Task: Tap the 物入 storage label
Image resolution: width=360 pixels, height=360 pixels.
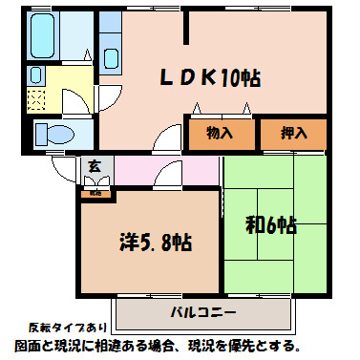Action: point(219,133)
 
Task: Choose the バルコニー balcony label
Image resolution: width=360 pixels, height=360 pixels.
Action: point(202,312)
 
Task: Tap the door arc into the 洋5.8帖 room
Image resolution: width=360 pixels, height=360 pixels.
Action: point(168,174)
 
